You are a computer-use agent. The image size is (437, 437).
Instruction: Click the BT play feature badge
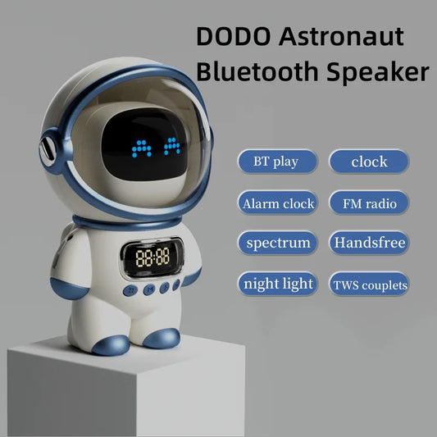[278, 162]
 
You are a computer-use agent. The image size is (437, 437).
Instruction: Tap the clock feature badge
[369, 162]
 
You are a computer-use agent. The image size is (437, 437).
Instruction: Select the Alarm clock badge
[278, 203]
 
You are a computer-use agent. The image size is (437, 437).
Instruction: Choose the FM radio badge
[369, 203]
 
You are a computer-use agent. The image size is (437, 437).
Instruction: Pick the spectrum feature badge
[278, 243]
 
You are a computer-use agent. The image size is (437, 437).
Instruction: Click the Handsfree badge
[369, 243]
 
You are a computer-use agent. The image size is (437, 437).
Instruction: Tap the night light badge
[278, 284]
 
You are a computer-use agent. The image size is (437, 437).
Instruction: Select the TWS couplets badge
[369, 285]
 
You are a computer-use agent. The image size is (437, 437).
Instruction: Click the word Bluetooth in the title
[262, 72]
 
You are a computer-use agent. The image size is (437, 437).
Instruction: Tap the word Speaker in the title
[381, 72]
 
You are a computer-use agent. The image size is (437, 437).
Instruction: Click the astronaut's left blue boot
[111, 342]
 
